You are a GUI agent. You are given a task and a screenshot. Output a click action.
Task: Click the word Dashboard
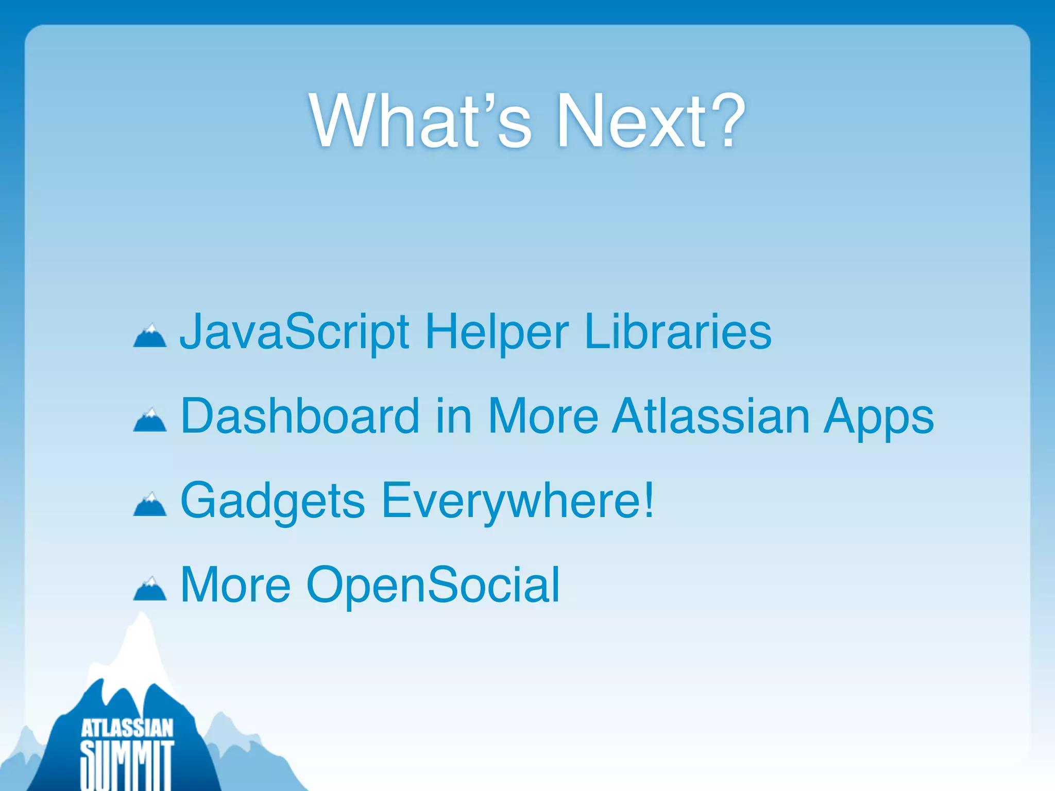click(x=300, y=416)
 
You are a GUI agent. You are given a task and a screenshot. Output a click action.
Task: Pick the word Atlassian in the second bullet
click(x=711, y=416)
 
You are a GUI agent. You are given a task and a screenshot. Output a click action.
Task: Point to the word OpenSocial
click(x=433, y=585)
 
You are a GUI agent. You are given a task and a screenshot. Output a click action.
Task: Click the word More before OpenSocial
click(x=235, y=585)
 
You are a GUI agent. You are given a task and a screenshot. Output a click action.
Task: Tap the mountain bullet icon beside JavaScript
click(x=150, y=337)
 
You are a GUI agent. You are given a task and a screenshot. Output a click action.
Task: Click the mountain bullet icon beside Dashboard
click(x=150, y=421)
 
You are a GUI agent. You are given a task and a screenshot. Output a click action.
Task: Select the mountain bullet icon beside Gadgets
click(x=150, y=505)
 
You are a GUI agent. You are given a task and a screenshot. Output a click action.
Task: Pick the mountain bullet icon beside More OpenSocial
click(x=150, y=590)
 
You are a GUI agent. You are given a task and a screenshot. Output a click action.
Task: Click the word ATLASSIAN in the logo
click(x=127, y=729)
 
